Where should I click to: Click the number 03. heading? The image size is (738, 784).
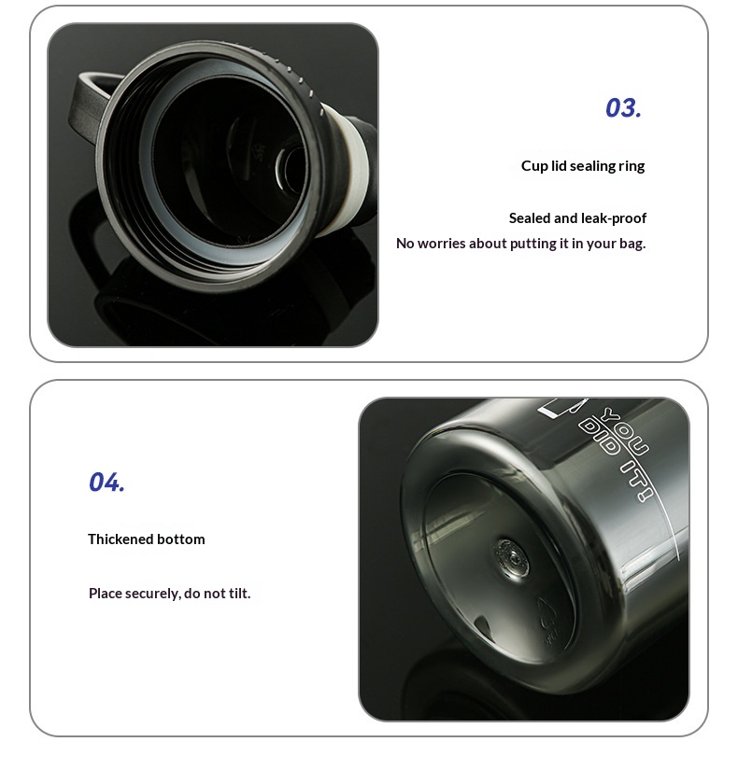[x=623, y=108]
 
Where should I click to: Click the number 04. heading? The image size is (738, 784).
[x=106, y=482]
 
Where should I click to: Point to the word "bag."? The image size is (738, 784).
[x=632, y=244]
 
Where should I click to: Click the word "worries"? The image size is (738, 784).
[x=438, y=244]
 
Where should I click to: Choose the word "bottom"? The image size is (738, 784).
[x=180, y=539]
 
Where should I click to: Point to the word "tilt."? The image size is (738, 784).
[x=239, y=593]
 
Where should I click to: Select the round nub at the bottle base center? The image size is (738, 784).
[x=511, y=558]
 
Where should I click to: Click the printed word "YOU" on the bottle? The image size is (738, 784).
[x=626, y=431]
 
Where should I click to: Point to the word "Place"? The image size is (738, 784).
[x=105, y=593]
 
